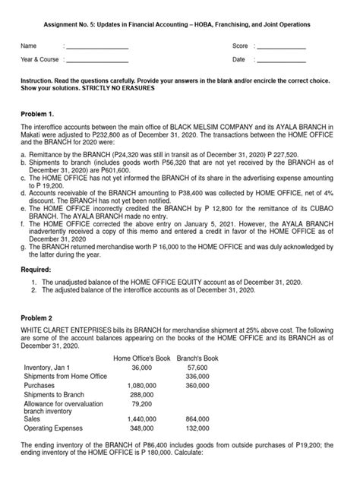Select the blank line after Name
click(x=98, y=47)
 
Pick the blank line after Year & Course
click(x=98, y=59)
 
